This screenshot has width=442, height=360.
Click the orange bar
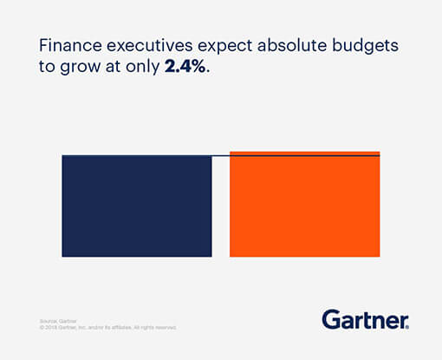304,208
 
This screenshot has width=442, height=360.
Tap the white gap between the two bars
221,208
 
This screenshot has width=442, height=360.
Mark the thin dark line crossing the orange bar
304,155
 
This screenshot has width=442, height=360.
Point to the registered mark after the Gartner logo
407,326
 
